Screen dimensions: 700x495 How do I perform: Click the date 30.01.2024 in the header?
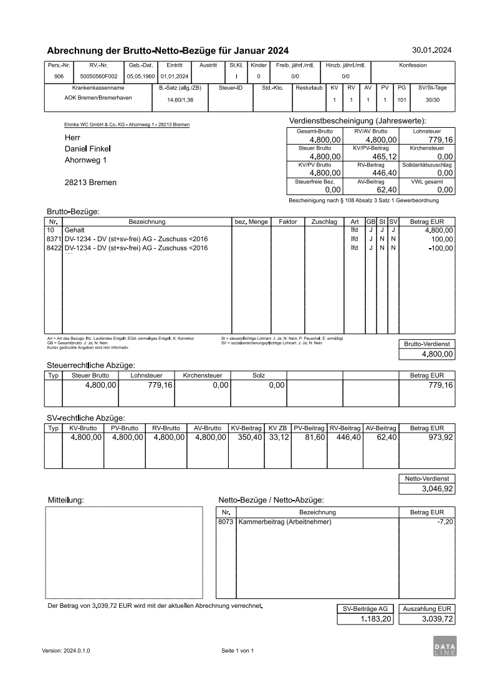pos(432,50)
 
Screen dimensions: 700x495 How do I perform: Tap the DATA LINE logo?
pos(445,646)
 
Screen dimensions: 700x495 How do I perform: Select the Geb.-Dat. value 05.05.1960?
pos(140,76)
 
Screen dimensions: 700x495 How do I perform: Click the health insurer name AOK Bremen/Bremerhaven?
pos(94,98)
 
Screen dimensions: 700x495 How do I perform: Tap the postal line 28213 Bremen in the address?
pos(90,183)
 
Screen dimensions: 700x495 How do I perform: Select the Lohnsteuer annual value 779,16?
pos(440,140)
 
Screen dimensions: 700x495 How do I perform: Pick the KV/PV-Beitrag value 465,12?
pos(385,156)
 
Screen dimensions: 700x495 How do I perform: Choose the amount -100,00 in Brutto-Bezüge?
pos(441,248)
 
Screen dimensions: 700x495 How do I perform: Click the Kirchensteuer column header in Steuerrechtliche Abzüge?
pos(203,375)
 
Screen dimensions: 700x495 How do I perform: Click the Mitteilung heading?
pos(66,500)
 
